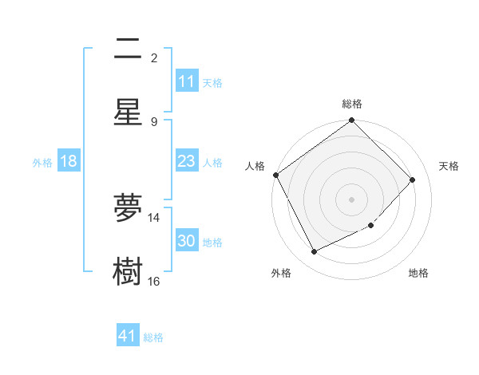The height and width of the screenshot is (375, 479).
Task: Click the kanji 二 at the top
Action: point(128,49)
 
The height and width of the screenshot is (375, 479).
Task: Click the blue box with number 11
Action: point(187,81)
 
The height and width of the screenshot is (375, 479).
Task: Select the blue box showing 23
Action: point(187,162)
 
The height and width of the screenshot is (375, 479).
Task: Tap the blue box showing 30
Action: point(187,242)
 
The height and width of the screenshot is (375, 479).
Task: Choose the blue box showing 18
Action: point(69,162)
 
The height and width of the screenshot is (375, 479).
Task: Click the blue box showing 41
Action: point(128,336)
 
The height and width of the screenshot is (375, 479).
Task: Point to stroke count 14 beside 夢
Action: point(154,217)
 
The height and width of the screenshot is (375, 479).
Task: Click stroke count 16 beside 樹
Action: point(154,281)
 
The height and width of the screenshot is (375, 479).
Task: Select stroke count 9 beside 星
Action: point(154,121)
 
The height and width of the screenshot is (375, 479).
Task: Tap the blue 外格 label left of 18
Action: point(42,163)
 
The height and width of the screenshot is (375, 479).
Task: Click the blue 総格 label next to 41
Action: point(153,337)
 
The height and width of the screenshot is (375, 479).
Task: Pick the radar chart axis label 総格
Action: point(352,104)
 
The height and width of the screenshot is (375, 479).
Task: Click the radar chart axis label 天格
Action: point(449,166)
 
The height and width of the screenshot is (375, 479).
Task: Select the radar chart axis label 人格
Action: point(255,166)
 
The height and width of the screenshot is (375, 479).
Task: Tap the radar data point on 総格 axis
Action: point(352,121)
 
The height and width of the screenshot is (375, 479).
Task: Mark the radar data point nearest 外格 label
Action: point(315,252)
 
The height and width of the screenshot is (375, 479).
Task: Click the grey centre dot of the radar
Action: point(352,199)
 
